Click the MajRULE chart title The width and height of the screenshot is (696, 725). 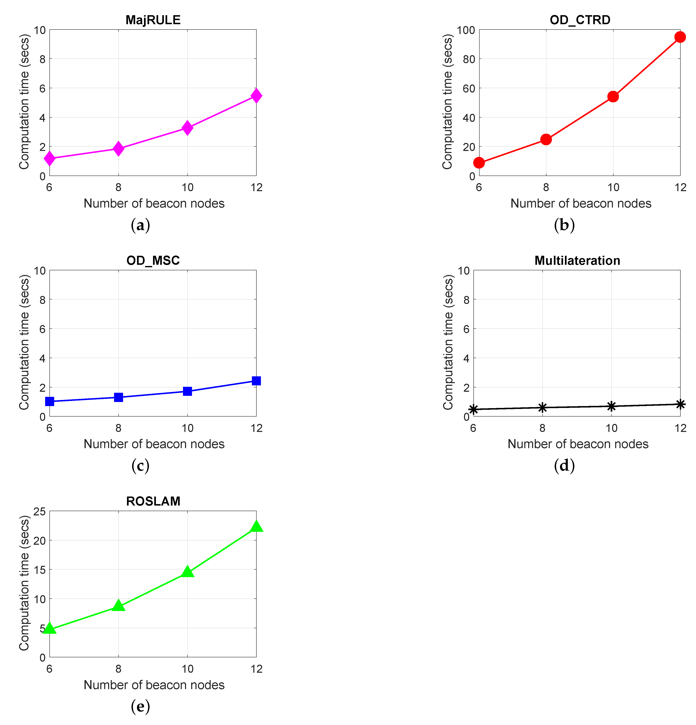pos(153,20)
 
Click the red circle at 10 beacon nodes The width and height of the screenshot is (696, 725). pos(613,97)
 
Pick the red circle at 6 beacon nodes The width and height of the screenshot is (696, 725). pos(479,162)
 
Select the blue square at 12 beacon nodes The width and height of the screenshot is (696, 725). pos(256,381)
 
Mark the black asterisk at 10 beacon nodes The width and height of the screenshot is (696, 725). pos(611,406)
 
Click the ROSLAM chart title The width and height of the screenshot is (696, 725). pos(153,501)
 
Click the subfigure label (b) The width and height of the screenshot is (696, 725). pos(564,225)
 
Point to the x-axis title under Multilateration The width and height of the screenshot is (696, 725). pos(578,444)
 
